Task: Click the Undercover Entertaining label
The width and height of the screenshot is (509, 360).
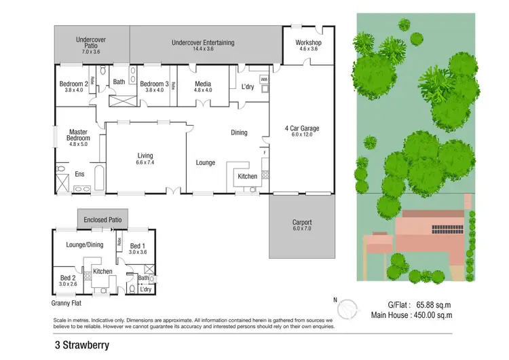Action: click(203, 43)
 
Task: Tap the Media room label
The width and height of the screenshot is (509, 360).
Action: click(203, 84)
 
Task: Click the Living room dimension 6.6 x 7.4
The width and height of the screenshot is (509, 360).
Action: click(146, 163)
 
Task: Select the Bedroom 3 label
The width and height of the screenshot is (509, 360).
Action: click(154, 84)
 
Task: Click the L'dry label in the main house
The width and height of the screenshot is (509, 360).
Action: click(248, 87)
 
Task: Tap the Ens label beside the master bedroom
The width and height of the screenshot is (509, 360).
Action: click(79, 175)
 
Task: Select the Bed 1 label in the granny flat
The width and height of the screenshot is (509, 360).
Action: click(138, 246)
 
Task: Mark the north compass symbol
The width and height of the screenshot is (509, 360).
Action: click(347, 309)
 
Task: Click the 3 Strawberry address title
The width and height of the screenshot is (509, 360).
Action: click(83, 344)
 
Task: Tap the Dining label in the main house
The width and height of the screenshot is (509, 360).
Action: click(239, 132)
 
